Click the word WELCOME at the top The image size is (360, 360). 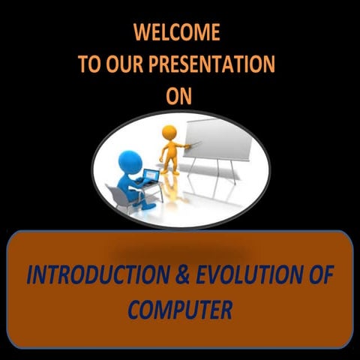click(176, 33)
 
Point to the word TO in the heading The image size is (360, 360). click(90, 64)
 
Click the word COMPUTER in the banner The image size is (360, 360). click(180, 308)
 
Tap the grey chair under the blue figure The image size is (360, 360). click(118, 196)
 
